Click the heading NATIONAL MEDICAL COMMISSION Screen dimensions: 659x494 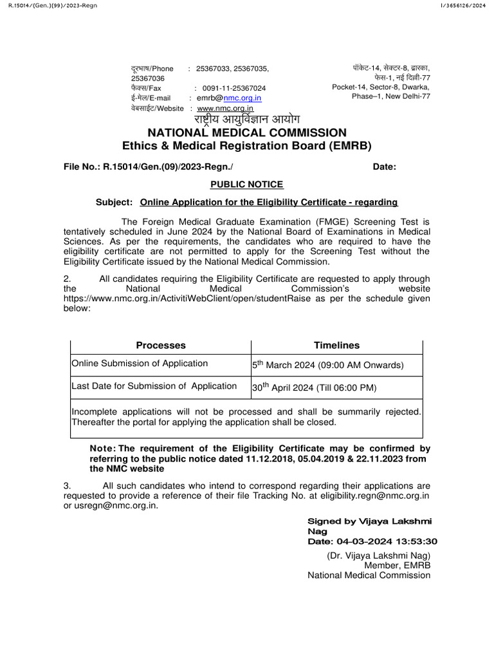247,133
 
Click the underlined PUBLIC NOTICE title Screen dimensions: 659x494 247,185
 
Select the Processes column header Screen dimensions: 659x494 161,346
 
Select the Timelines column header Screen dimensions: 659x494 336,346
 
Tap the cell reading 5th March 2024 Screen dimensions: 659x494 327,365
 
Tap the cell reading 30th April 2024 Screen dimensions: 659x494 314,387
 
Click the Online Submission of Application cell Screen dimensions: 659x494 140,364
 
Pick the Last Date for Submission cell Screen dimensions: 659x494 154,386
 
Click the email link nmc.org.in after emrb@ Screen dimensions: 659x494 242,98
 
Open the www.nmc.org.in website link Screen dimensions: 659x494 225,109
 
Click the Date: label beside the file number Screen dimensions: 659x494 385,167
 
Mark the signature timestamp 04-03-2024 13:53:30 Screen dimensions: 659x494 372,541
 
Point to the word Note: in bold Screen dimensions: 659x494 103,448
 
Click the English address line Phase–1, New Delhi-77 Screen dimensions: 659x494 391,97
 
